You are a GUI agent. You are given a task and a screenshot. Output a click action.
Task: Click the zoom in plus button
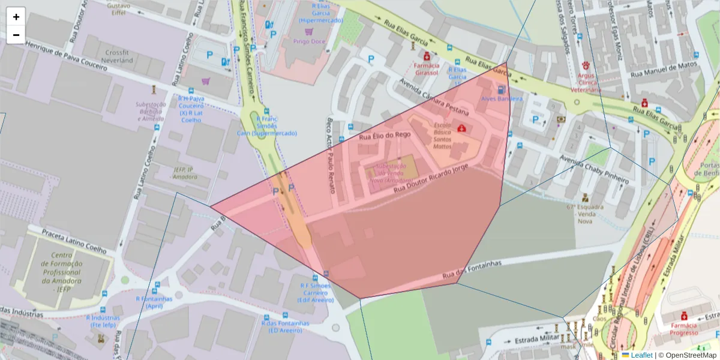point(16,17)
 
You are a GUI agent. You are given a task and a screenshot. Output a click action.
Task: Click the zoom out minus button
point(16,35)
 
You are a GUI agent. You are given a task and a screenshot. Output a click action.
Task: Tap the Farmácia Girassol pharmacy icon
point(427,56)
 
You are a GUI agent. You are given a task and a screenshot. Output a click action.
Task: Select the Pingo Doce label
point(309,41)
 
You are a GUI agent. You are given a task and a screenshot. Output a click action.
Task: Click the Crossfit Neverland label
point(118,56)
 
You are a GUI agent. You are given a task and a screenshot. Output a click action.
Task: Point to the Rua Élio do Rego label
point(385,136)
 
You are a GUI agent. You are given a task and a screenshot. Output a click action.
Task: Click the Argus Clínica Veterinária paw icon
point(586,65)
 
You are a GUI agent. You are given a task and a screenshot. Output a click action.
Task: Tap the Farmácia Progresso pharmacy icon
point(683,316)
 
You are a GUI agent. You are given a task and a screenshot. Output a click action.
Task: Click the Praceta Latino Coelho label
point(74,241)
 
